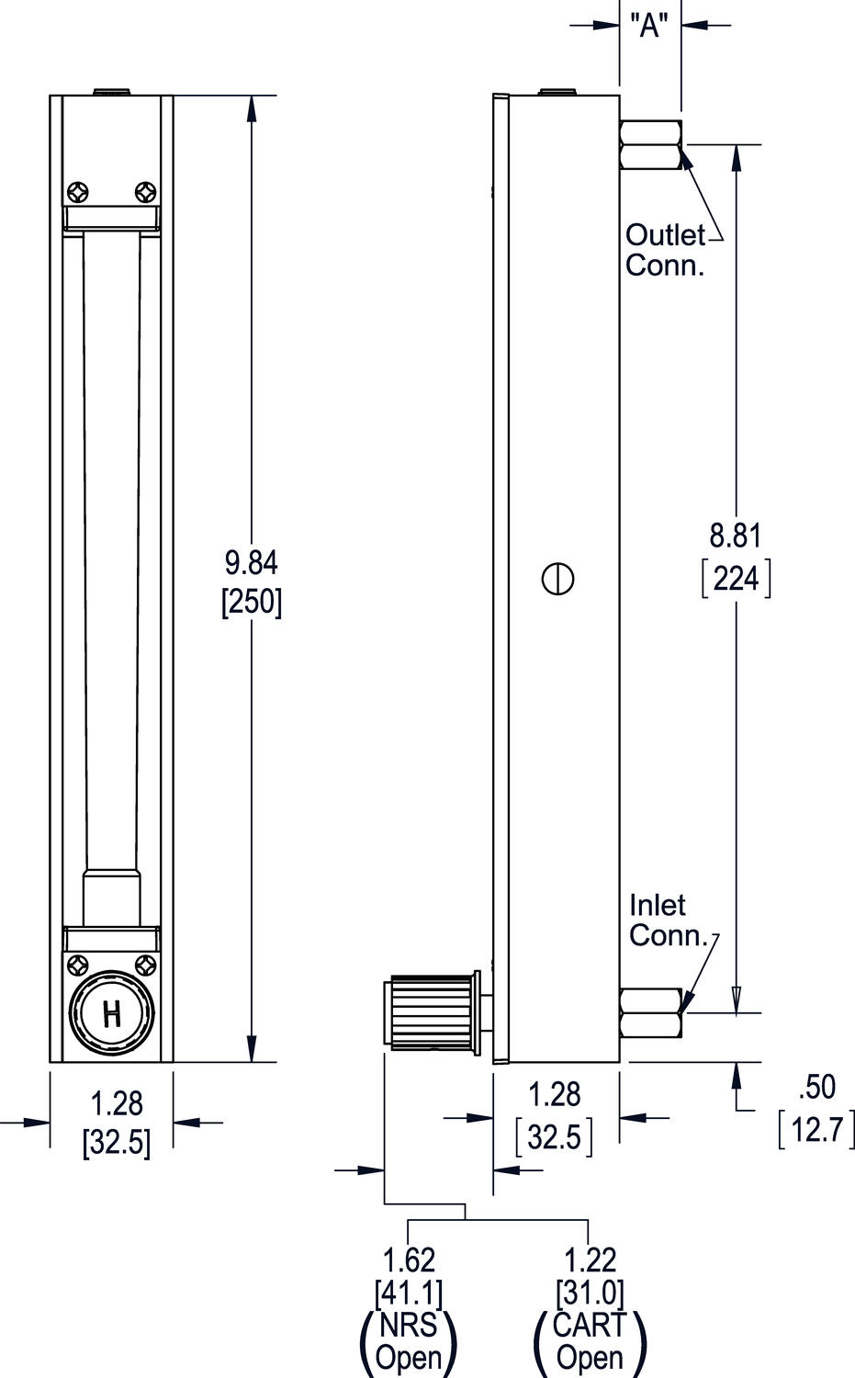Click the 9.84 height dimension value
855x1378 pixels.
pos(251,561)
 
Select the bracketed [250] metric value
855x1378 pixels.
pos(251,602)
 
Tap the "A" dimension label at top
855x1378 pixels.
pos(650,26)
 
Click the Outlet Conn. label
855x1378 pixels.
pos(666,250)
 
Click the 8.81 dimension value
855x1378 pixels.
pos(736,535)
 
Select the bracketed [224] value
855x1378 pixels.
pos(736,579)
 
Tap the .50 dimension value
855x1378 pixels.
pos(816,1087)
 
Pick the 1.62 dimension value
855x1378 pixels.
pos(409,1259)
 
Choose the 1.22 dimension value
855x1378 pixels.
pos(590,1259)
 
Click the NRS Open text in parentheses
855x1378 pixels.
pos(409,1342)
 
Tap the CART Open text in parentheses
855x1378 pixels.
pos(590,1342)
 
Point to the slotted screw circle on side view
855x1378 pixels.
pos(558,578)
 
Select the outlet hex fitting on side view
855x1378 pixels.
pos(651,145)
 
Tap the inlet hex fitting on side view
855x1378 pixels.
pos(651,1013)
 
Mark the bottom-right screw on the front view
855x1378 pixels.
pos(145,965)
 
